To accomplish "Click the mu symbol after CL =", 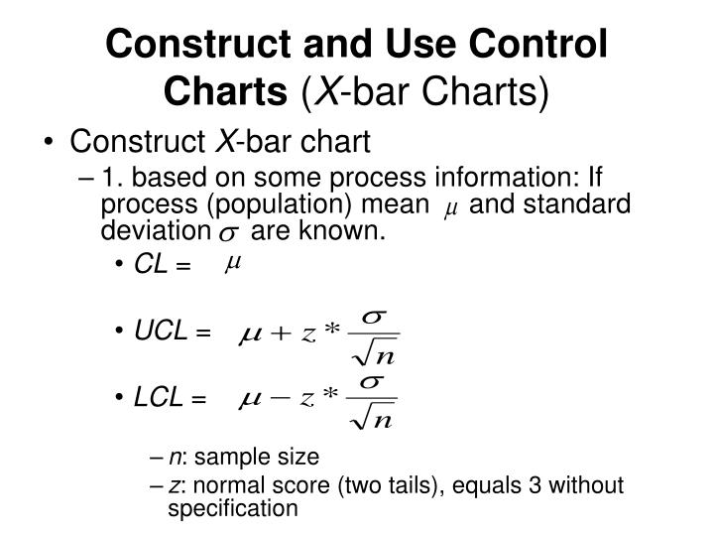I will pyautogui.click(x=234, y=264).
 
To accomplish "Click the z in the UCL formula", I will pyautogui.click(x=308, y=336).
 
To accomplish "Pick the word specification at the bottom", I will pyautogui.click(x=232, y=509).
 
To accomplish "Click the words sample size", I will pyautogui.click(x=268, y=458).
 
